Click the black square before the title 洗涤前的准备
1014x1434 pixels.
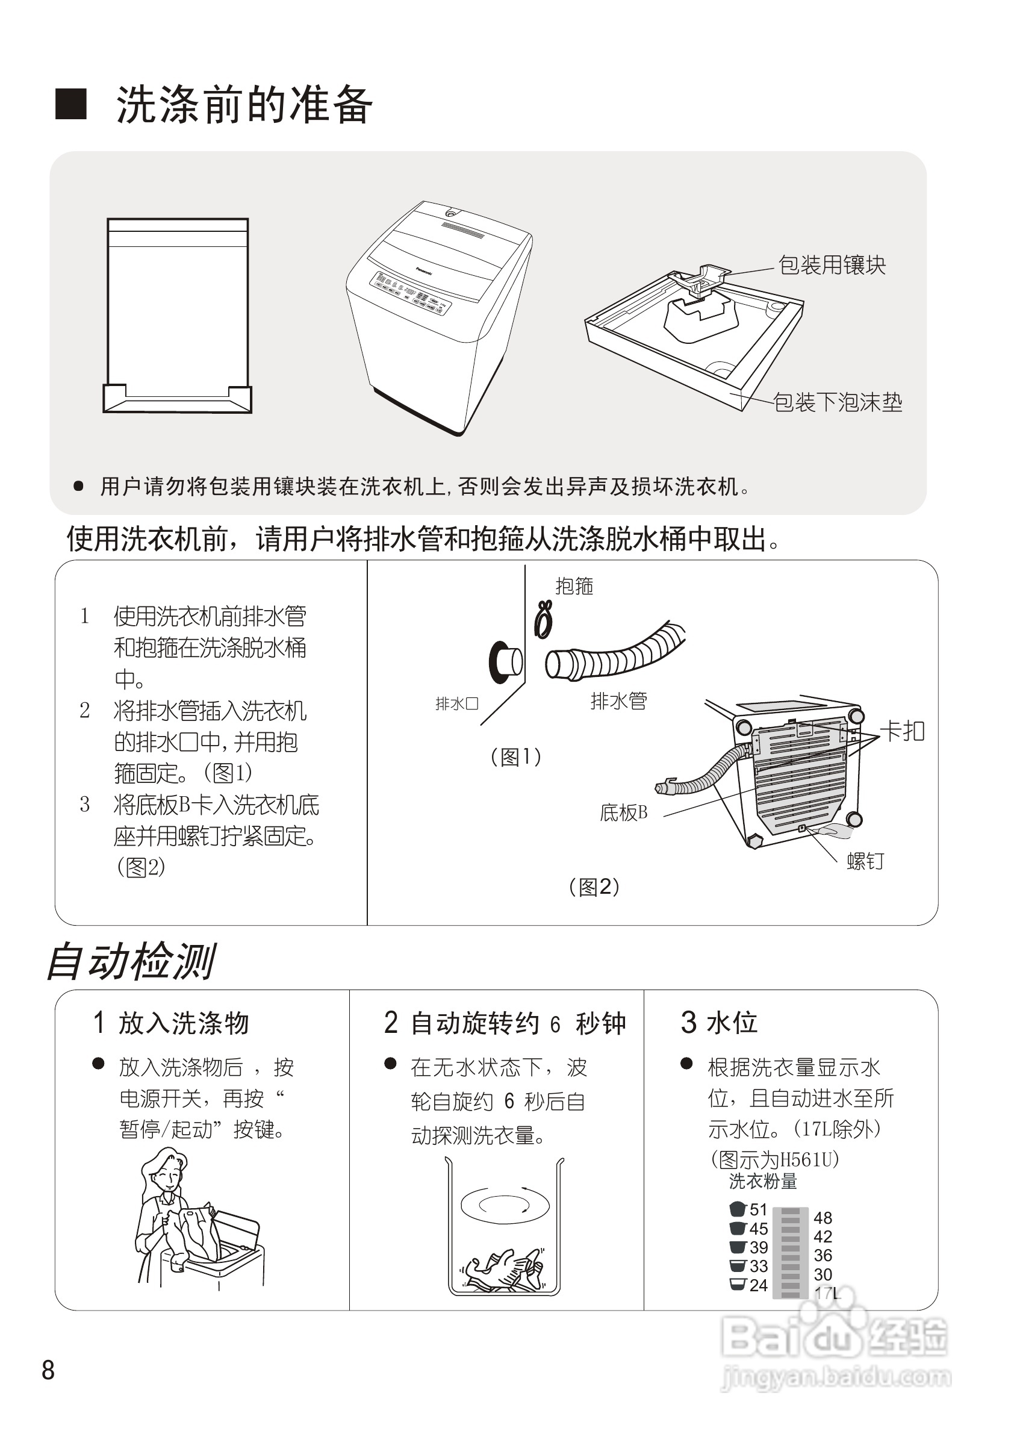click(70, 104)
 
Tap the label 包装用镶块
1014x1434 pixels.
click(832, 265)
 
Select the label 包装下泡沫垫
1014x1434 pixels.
click(838, 402)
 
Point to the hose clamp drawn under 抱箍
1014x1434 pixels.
click(544, 620)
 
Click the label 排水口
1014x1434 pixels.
click(456, 704)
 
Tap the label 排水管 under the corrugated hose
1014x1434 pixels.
click(618, 701)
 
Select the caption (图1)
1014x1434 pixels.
click(516, 757)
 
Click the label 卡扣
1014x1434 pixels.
click(901, 731)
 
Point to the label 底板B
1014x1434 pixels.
click(623, 812)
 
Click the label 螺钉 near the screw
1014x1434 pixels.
click(865, 861)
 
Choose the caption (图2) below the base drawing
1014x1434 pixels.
click(594, 887)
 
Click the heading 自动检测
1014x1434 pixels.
click(132, 962)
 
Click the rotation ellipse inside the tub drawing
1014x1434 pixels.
click(505, 1205)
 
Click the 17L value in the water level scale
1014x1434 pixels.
click(827, 1293)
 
